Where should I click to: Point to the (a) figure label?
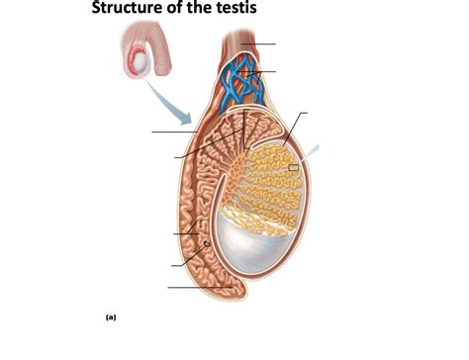111,317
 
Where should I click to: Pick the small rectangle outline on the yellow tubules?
294,168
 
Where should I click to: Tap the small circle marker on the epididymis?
205,243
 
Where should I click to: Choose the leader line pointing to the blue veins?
265,72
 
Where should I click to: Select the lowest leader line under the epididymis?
198,287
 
